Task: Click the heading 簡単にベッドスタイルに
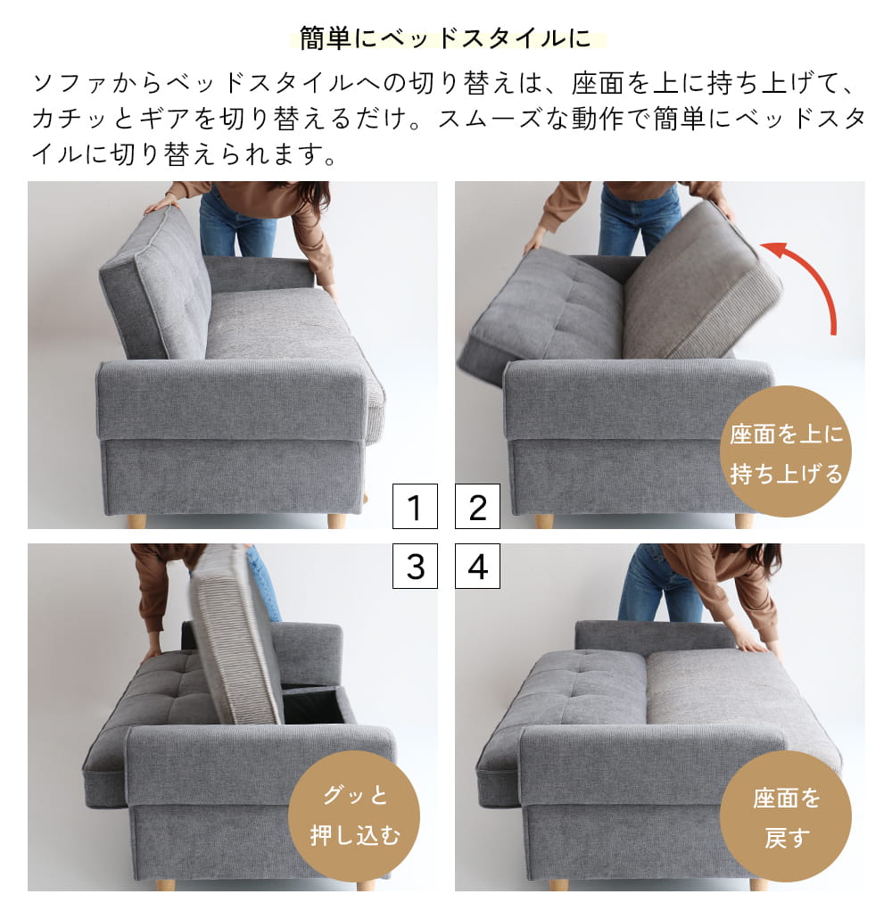[x=446, y=39]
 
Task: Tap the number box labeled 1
[x=415, y=507]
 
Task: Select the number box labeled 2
[x=477, y=507]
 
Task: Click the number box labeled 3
[x=415, y=567]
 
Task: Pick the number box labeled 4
[x=477, y=567]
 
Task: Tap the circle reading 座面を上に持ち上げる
[x=786, y=452]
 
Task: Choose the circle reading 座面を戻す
[x=786, y=816]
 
